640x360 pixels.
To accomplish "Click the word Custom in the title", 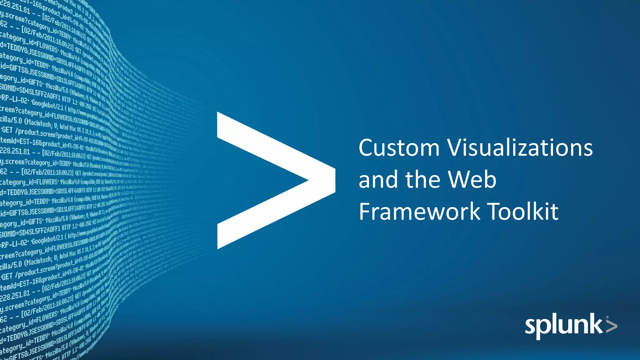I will tap(399, 147).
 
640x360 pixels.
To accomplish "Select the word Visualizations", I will tap(520, 147).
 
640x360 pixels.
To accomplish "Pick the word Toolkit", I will tap(523, 212).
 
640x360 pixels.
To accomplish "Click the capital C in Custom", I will tap(366, 147).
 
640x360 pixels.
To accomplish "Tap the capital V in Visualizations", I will tap(457, 147).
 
